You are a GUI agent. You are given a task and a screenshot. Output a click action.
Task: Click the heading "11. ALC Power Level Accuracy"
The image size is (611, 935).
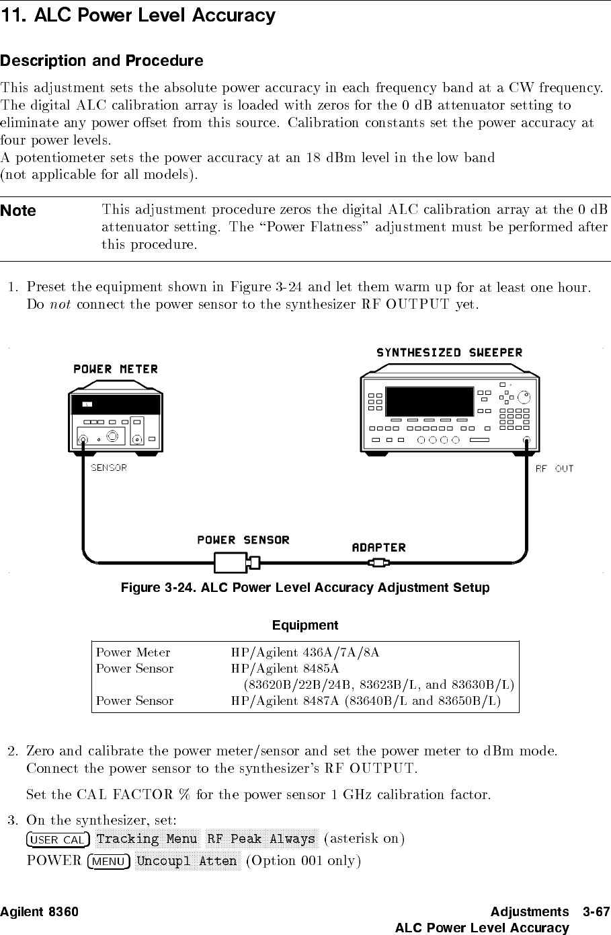(x=138, y=15)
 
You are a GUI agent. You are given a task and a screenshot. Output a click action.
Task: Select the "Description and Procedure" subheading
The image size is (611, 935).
(x=101, y=61)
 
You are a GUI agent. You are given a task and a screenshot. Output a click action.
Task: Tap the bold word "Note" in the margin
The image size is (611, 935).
(x=18, y=211)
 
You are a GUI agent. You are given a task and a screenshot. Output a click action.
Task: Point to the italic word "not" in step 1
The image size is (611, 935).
(x=60, y=305)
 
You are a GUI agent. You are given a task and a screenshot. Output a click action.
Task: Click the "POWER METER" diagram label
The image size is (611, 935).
(x=116, y=369)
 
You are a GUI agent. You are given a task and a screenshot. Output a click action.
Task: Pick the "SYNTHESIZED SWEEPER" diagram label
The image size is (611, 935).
(x=449, y=352)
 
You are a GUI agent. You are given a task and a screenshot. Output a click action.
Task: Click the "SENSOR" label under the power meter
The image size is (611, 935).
(x=109, y=468)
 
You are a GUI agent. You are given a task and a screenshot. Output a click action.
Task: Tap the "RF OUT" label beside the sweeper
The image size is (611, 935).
(x=555, y=469)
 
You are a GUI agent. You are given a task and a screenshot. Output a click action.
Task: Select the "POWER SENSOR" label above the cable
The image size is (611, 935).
(x=243, y=540)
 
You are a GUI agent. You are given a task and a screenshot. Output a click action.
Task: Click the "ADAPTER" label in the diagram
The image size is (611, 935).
(x=379, y=548)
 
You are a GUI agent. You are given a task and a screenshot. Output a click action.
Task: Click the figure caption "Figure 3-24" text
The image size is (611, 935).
(x=304, y=588)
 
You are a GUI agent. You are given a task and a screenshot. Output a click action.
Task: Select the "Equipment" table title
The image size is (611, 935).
(x=305, y=626)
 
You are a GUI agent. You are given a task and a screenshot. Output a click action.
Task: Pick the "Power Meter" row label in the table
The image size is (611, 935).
(x=133, y=652)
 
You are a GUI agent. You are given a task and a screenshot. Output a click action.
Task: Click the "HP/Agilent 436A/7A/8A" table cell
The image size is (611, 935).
(x=305, y=652)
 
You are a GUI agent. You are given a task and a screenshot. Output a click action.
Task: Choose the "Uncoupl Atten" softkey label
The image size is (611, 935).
(x=187, y=861)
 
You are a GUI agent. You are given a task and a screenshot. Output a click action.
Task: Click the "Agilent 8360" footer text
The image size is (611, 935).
(x=39, y=912)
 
